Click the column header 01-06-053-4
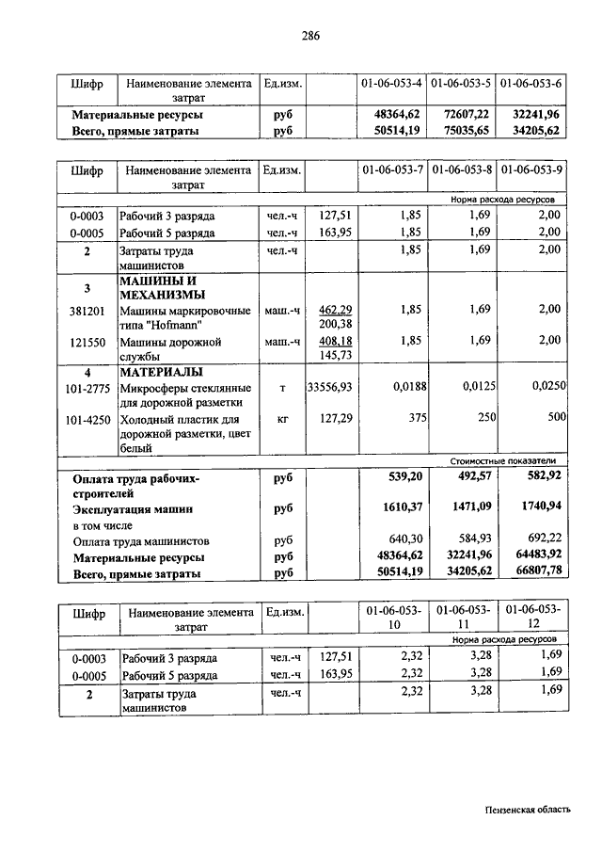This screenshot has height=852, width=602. point(390,83)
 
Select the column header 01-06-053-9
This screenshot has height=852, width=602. point(531,170)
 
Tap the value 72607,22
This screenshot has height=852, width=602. point(461,114)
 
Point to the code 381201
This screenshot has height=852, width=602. point(87,309)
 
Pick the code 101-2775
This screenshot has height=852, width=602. point(86,387)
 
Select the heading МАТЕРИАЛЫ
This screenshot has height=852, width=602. point(159,371)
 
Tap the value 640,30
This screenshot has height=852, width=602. point(403,540)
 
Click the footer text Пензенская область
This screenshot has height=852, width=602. point(527,808)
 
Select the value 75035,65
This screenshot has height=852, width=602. point(461,131)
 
